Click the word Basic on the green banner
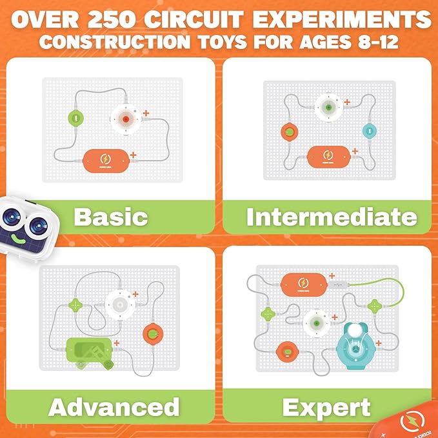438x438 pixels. pyautogui.click(x=110, y=217)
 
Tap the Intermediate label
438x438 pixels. pyautogui.click(x=331, y=217)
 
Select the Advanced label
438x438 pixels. pyautogui.click(x=114, y=406)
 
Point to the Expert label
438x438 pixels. pyautogui.click(x=326, y=407)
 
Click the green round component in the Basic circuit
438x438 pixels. pyautogui.click(x=77, y=119)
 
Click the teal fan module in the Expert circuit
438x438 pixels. pyautogui.click(x=355, y=341)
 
